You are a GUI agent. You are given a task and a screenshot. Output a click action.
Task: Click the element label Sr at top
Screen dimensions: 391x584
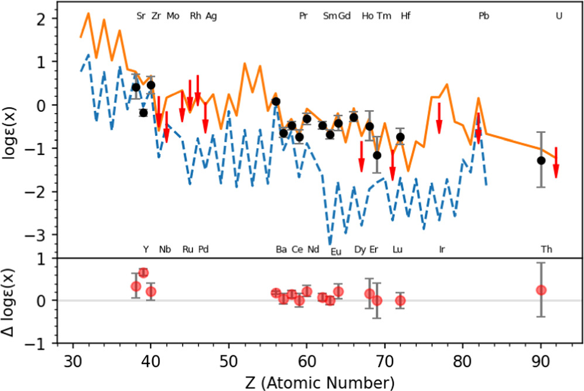[x=141, y=16]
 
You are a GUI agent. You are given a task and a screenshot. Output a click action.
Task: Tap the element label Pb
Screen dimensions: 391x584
[x=484, y=16]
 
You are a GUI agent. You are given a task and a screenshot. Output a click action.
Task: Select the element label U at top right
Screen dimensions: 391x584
[x=559, y=16]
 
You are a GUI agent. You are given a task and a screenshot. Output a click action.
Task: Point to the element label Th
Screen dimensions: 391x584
[x=547, y=249]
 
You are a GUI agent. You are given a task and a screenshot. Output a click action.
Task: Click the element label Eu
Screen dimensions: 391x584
[x=336, y=252]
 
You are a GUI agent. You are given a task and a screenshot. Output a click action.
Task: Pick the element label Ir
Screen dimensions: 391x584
[x=442, y=249]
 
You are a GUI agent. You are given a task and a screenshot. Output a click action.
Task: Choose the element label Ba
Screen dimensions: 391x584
[x=281, y=249]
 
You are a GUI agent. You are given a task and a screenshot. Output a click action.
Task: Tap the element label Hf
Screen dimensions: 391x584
[x=406, y=16]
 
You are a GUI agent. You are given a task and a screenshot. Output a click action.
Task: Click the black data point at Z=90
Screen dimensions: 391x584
[x=541, y=160]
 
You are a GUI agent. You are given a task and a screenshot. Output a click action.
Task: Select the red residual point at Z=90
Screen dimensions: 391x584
[x=541, y=290]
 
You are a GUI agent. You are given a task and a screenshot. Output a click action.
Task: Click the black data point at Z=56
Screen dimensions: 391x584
[x=276, y=101]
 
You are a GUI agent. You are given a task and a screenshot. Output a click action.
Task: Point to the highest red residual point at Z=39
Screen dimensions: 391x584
[x=143, y=273]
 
